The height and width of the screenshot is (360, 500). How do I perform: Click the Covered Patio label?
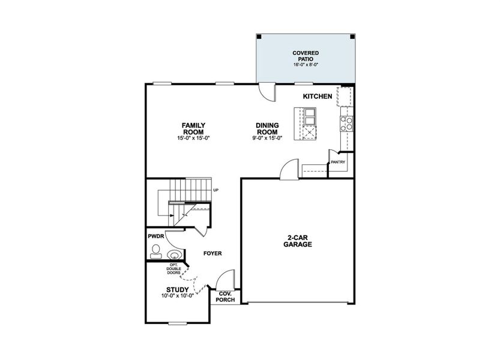[x=306, y=56]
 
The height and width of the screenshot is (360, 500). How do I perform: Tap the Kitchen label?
[x=318, y=96]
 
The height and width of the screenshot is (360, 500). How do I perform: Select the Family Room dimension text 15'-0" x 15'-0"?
[x=193, y=138]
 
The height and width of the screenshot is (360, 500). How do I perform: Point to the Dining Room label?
[x=267, y=128]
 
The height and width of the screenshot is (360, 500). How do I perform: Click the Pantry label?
[x=338, y=162]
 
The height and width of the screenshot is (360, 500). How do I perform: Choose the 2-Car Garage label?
[x=298, y=241]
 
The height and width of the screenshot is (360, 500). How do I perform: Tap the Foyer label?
[x=212, y=253]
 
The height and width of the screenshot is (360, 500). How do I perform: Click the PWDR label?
[x=156, y=236]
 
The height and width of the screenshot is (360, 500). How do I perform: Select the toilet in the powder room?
[x=155, y=251]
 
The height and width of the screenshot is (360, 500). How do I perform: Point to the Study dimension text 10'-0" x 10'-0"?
[x=178, y=296]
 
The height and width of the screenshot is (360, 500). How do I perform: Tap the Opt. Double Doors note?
[x=173, y=269]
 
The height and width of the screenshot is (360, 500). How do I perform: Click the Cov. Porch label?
[x=225, y=296]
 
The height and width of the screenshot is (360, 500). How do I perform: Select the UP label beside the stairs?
[x=216, y=190]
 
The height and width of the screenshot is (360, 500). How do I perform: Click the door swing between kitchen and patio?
[x=268, y=92]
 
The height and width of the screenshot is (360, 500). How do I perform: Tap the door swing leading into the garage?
[x=289, y=169]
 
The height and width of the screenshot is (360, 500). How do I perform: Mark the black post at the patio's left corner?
[x=259, y=37]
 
